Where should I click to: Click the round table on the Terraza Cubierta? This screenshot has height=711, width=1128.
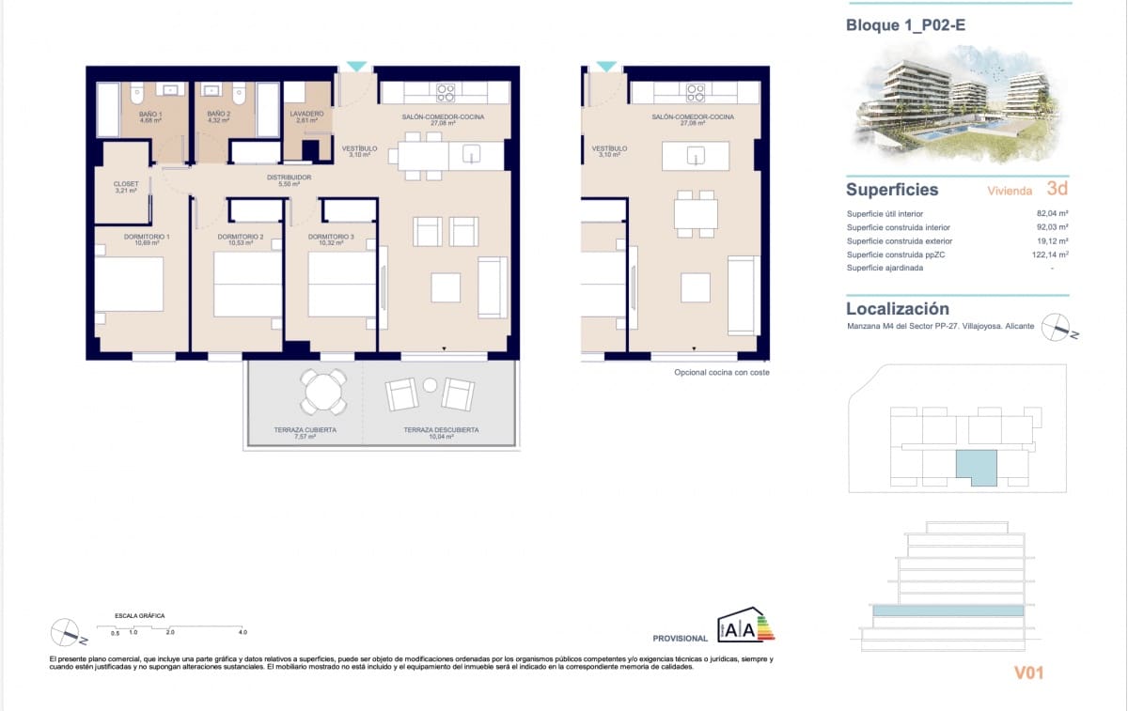[x=323, y=390]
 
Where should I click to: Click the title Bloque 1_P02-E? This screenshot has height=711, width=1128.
[x=905, y=25]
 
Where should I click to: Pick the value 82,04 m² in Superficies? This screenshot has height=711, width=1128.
[x=1052, y=213]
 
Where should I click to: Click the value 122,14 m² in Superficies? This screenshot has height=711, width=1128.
[x=1050, y=254]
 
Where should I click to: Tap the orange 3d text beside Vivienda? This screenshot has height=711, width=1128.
[x=1057, y=189]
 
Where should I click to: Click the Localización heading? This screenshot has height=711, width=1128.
[x=897, y=308]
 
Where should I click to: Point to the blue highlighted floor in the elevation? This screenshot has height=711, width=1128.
[x=948, y=611]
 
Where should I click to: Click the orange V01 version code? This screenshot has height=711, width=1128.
[x=1028, y=672]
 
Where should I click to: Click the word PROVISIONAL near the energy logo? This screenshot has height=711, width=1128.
[x=680, y=638]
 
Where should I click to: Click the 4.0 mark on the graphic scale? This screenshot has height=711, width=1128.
[x=242, y=632]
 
